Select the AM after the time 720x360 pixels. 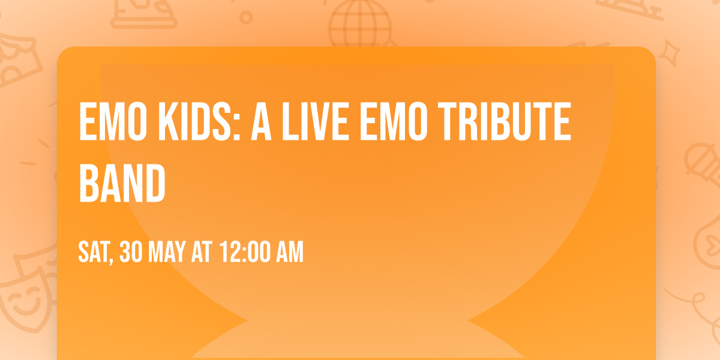coord(289,252)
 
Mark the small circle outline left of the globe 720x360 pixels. coord(246,17)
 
